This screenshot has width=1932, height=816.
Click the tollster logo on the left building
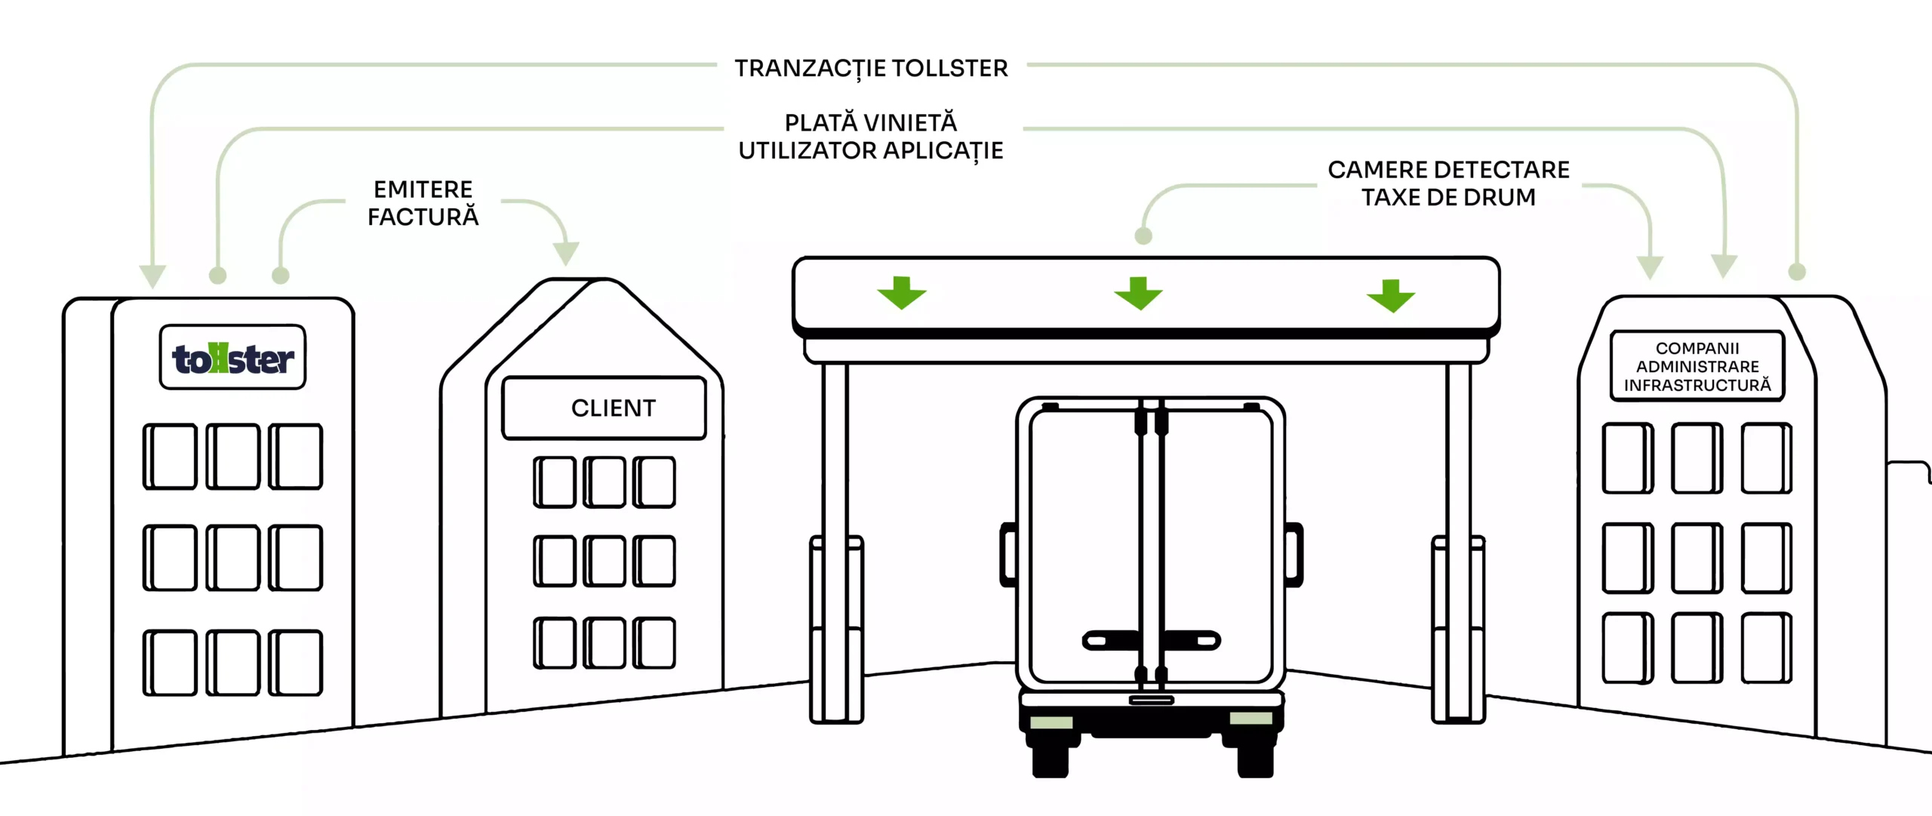(x=232, y=359)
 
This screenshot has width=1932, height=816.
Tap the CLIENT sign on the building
(x=605, y=408)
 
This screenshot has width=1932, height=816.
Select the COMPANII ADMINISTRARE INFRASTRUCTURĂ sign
(x=1697, y=367)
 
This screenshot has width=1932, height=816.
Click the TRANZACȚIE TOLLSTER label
(x=872, y=69)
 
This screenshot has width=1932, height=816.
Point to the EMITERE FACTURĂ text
(x=423, y=203)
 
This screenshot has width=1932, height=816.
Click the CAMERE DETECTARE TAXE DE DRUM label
(x=1448, y=183)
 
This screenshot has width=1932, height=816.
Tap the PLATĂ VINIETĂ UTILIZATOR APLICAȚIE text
(x=871, y=137)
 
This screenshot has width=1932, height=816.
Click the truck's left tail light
(x=1051, y=722)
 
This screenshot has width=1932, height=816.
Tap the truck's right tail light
(x=1251, y=718)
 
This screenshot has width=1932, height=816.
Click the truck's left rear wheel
(x=1051, y=759)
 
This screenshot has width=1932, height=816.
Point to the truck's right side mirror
(x=1294, y=554)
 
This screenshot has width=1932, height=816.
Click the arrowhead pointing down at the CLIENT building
(x=566, y=253)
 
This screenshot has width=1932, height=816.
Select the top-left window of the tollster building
(x=171, y=457)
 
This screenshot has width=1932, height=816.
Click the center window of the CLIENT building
(x=605, y=561)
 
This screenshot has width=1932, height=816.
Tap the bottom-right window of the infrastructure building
(x=1766, y=648)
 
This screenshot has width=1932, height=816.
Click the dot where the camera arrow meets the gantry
(x=1143, y=236)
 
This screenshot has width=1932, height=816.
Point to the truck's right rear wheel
(x=1255, y=759)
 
